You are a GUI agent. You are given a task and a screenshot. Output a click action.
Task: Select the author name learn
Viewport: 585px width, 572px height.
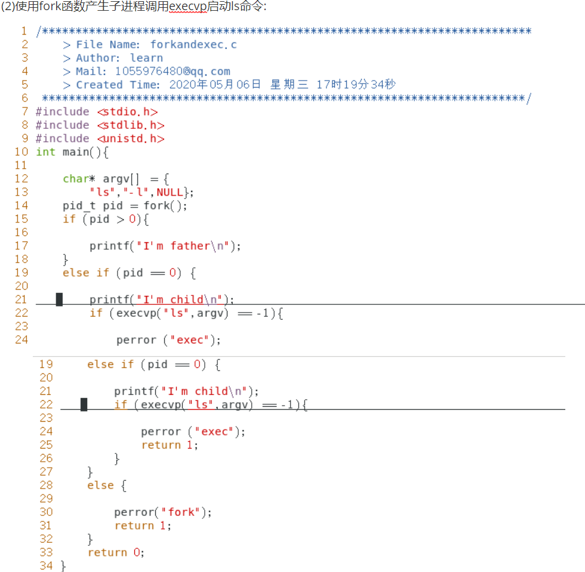(x=146, y=58)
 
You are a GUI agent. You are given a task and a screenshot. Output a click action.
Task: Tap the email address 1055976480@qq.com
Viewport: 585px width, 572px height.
(x=173, y=72)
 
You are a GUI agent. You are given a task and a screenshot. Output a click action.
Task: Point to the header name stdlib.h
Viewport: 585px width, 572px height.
(x=131, y=125)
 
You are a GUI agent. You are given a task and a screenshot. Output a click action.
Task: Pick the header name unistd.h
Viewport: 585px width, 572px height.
(x=131, y=138)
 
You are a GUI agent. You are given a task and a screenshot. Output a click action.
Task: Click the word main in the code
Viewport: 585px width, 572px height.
(x=76, y=152)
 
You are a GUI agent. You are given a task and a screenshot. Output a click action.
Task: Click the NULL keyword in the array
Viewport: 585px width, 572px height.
(x=170, y=192)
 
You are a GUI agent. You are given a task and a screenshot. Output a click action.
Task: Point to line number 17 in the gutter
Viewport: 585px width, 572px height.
(x=21, y=246)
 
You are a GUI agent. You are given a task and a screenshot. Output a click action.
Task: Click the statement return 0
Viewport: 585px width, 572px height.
(x=116, y=552)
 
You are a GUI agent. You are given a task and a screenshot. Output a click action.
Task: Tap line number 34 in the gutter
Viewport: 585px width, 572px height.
(x=46, y=565)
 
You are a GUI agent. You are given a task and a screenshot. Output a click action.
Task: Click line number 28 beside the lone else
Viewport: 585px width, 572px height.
(x=46, y=486)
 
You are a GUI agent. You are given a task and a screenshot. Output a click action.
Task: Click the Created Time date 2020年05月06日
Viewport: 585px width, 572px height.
(x=215, y=85)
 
